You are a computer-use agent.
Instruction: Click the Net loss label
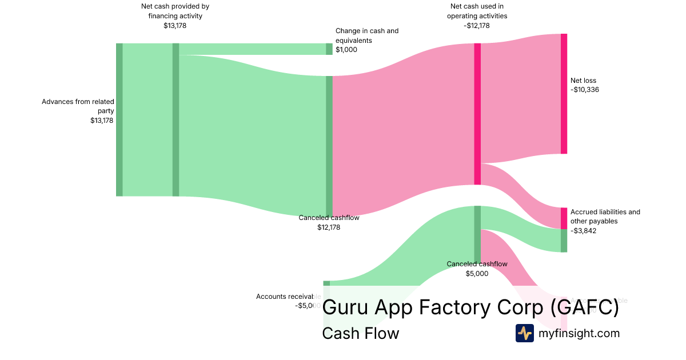(x=583, y=81)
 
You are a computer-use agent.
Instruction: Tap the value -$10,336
(x=585, y=90)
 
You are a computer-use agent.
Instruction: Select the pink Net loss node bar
(x=564, y=94)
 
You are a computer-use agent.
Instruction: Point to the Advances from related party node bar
(x=119, y=119)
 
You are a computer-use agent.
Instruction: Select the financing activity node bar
(x=176, y=119)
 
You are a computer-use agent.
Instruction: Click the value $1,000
(x=346, y=50)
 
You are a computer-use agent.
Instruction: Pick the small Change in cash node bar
(x=329, y=49)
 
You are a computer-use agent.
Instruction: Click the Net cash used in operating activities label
(x=477, y=11)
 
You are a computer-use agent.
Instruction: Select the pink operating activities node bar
(x=477, y=114)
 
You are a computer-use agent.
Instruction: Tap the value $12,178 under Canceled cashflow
(x=329, y=227)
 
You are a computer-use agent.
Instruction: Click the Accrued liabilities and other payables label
(x=605, y=216)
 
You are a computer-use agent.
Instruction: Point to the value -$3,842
(x=583, y=231)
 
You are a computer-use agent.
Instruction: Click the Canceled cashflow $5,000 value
(x=477, y=274)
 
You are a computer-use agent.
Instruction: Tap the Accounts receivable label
(x=288, y=297)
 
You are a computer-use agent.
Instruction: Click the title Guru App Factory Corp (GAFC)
(x=470, y=307)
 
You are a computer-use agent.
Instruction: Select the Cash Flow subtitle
(x=360, y=333)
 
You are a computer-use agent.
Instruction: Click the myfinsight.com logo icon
(x=524, y=333)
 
